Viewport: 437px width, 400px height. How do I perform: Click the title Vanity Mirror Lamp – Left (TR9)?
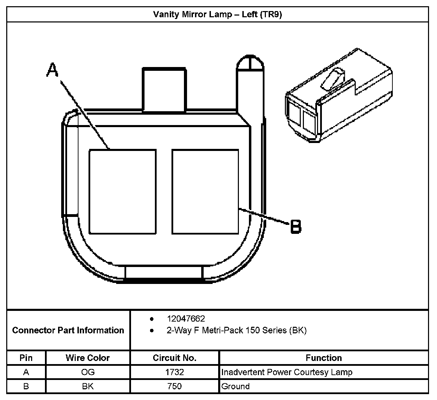pyautogui.click(x=217, y=15)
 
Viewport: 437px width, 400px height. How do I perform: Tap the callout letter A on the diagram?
pyautogui.click(x=53, y=70)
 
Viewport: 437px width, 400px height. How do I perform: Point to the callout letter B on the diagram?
pyautogui.click(x=296, y=227)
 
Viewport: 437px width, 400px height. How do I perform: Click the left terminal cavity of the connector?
pyautogui.click(x=122, y=192)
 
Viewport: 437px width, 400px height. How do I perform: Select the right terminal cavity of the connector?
pyautogui.click(x=205, y=192)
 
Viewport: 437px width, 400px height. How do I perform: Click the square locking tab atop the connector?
pyautogui.click(x=164, y=89)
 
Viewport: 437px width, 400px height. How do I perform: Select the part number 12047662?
pyautogui.click(x=186, y=318)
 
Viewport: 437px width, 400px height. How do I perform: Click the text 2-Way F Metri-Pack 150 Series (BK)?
pyautogui.click(x=236, y=331)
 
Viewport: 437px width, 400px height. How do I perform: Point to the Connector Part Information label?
pyautogui.click(x=68, y=331)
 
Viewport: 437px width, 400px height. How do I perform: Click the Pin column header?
pyautogui.click(x=26, y=358)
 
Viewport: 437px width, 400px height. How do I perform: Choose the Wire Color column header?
pyautogui.click(x=87, y=358)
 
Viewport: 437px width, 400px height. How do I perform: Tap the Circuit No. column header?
pyautogui.click(x=175, y=358)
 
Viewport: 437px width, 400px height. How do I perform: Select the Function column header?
pyautogui.click(x=324, y=358)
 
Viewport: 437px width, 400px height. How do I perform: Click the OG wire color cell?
pyautogui.click(x=87, y=372)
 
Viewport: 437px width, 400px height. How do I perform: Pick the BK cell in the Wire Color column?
pyautogui.click(x=87, y=386)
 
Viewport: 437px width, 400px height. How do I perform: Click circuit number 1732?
pyautogui.click(x=175, y=372)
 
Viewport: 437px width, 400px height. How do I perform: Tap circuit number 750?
pyautogui.click(x=175, y=386)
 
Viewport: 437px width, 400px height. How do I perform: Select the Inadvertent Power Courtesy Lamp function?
pyautogui.click(x=287, y=372)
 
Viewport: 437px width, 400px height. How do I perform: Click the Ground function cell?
pyautogui.click(x=235, y=386)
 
